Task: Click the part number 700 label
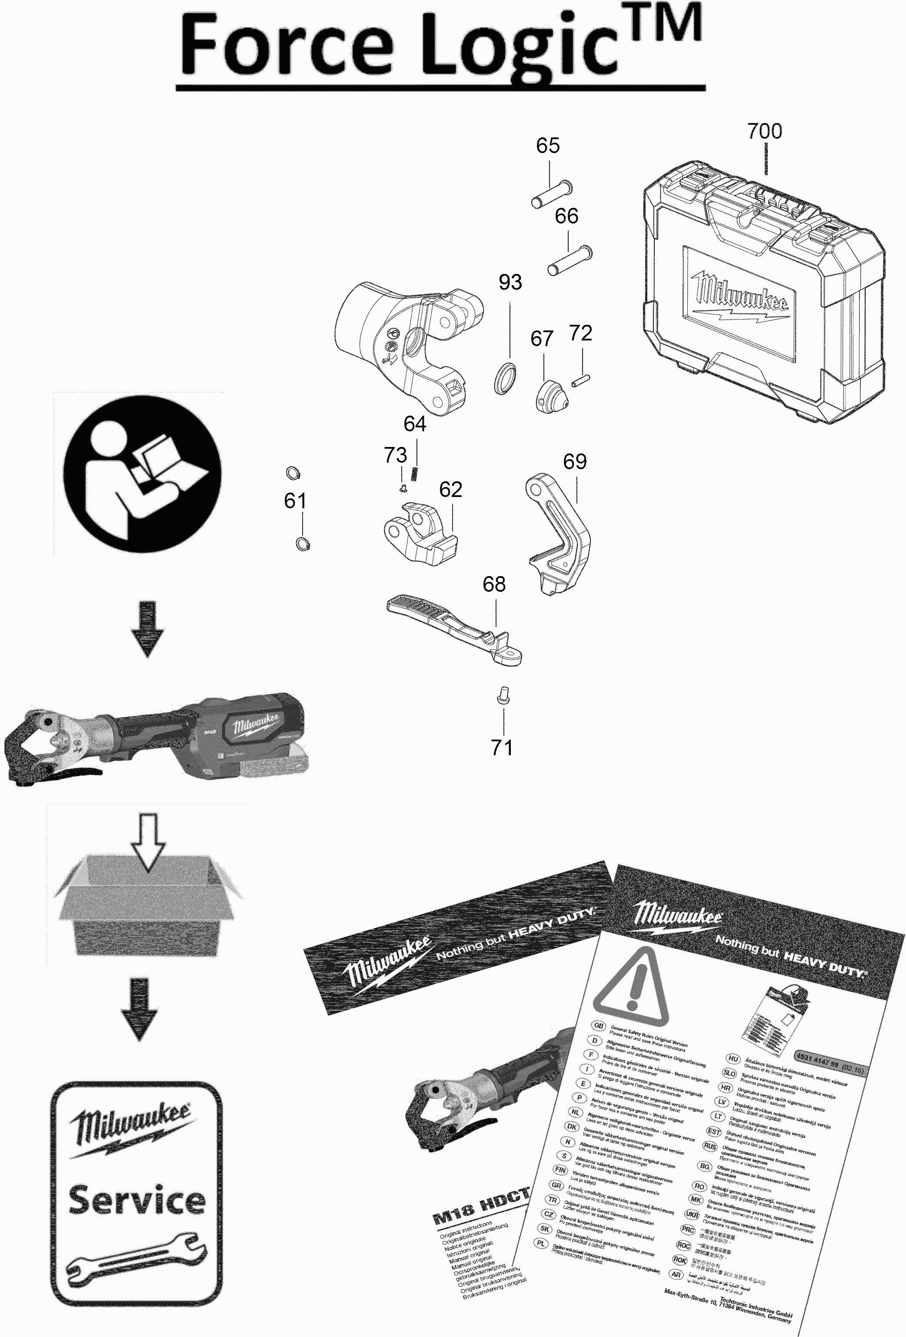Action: pos(764,131)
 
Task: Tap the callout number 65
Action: pos(548,146)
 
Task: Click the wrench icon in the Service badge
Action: pos(137,1257)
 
